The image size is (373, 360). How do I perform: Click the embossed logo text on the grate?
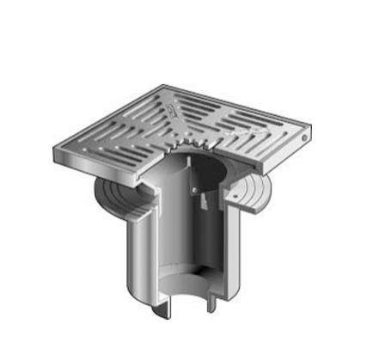tap(173, 109)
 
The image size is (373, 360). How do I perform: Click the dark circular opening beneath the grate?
tap(193, 167)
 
